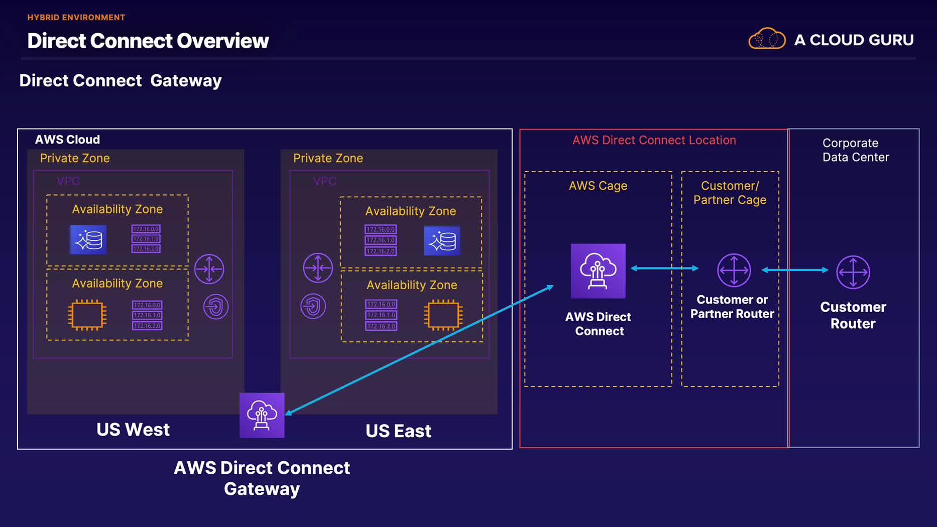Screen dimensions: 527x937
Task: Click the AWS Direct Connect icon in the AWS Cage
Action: click(x=598, y=271)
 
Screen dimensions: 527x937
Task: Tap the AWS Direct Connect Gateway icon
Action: click(x=262, y=415)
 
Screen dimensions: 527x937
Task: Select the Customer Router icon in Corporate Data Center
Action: click(x=853, y=272)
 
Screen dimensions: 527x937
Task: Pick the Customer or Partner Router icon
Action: click(x=734, y=270)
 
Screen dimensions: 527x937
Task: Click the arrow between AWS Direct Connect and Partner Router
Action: click(x=664, y=268)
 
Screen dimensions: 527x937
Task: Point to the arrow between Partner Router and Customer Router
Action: click(x=794, y=270)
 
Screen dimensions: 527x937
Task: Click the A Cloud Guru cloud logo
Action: click(x=767, y=39)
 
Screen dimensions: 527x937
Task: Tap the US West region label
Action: click(x=133, y=430)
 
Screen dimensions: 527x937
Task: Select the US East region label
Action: click(x=398, y=431)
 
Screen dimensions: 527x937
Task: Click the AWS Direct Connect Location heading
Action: click(x=654, y=140)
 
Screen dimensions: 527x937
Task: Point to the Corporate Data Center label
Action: click(x=855, y=150)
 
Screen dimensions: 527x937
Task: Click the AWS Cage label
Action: click(x=598, y=186)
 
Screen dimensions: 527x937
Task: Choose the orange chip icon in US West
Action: click(x=87, y=315)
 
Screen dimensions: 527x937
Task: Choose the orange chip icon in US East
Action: click(x=443, y=315)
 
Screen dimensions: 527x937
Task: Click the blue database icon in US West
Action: click(x=88, y=239)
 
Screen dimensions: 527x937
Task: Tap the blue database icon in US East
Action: click(x=442, y=241)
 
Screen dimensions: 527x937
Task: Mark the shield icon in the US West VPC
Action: click(x=216, y=307)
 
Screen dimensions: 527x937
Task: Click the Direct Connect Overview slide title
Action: click(x=148, y=41)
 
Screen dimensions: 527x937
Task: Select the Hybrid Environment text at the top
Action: click(x=76, y=18)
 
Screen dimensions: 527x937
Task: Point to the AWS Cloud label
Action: click(x=67, y=140)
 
